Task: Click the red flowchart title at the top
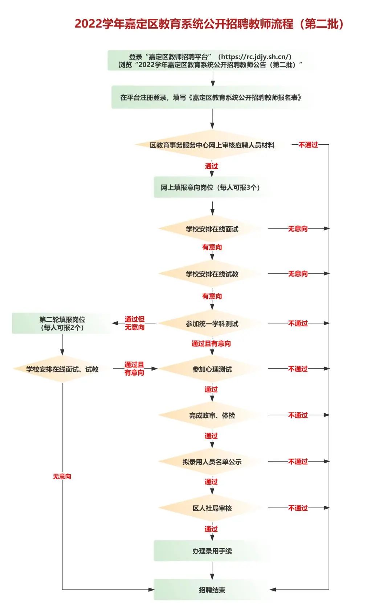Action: [x=209, y=24]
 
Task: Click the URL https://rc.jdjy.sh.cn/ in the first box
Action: [x=256, y=57]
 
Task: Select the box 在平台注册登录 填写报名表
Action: [x=211, y=98]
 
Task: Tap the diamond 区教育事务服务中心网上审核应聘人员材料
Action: [x=212, y=145]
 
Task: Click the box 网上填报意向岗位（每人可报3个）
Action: [x=211, y=187]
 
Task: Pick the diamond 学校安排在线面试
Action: [x=212, y=229]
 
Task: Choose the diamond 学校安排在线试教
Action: [x=212, y=274]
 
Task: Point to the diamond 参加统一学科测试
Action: [x=212, y=324]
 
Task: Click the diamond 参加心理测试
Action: [x=212, y=369]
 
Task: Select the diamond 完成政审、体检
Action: [x=212, y=415]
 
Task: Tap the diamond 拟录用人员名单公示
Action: [x=212, y=462]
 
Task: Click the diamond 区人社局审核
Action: [x=212, y=508]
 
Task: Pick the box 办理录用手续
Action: [x=212, y=551]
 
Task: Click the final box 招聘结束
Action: [x=212, y=590]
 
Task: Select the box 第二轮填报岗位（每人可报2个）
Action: [x=62, y=323]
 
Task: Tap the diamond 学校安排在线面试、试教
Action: [x=62, y=369]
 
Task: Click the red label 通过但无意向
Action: [x=135, y=323]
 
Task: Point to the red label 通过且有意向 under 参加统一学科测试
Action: [x=211, y=343]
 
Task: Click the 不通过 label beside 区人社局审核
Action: [x=298, y=508]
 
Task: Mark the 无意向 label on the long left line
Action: [x=62, y=476]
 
